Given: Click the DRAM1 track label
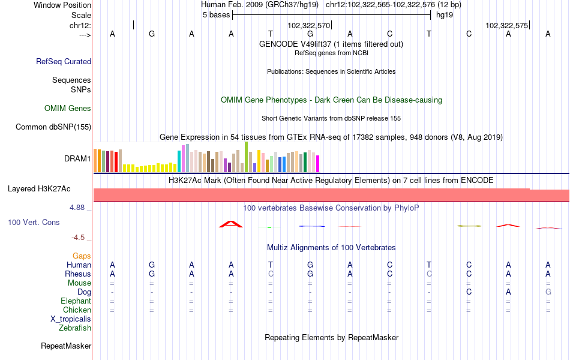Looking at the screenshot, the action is tap(77, 158).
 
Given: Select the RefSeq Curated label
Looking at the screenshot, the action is tap(64, 61).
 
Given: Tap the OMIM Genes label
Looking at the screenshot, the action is tap(68, 108).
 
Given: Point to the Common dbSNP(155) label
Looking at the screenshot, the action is tap(53, 127).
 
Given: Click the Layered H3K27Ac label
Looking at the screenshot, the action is tap(39, 189).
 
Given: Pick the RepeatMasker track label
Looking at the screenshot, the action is tap(66, 346).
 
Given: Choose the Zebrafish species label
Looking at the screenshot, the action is tap(75, 328).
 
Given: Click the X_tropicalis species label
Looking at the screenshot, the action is tap(71, 319).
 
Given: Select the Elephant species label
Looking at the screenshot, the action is tap(76, 301).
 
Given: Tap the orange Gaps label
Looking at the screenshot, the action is tap(82, 256).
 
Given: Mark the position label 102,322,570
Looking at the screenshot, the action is tap(308, 25).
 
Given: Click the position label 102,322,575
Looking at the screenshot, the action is tap(507, 25).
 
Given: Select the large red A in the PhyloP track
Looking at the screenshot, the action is tap(231, 224).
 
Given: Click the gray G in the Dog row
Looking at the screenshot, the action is tap(548, 292).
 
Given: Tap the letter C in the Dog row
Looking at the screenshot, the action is tap(469, 292).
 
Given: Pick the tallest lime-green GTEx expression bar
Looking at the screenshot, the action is tap(247, 157).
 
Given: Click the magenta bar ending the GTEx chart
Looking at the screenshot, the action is tap(318, 164).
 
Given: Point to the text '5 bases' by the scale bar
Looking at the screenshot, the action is tap(216, 15).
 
